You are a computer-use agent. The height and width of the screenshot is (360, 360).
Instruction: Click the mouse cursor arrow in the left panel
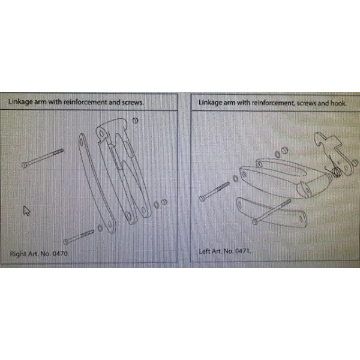[26, 211]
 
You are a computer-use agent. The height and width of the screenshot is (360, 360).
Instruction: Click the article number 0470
[61, 254]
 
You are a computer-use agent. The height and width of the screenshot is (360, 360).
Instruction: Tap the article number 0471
[243, 251]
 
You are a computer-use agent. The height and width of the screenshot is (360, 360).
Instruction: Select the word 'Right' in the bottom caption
[18, 254]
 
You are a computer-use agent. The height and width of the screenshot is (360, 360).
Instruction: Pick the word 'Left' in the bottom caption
[204, 251]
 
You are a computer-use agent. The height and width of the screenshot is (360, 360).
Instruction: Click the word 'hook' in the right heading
[338, 103]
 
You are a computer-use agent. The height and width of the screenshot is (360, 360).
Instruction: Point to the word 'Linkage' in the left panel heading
[20, 102]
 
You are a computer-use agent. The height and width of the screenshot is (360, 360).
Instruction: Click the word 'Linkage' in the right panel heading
[211, 103]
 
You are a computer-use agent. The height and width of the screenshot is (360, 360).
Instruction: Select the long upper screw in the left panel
[43, 158]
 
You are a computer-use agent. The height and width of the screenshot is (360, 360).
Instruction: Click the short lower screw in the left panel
[79, 237]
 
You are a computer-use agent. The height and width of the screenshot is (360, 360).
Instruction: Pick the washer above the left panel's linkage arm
[135, 121]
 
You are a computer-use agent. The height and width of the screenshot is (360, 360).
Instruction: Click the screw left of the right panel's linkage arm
[214, 191]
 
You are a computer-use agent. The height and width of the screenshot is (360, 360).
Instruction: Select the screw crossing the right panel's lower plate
[272, 212]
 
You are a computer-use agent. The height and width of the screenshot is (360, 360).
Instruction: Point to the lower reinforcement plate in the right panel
[272, 213]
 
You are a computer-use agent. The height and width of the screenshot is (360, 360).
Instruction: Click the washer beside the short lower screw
[100, 228]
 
